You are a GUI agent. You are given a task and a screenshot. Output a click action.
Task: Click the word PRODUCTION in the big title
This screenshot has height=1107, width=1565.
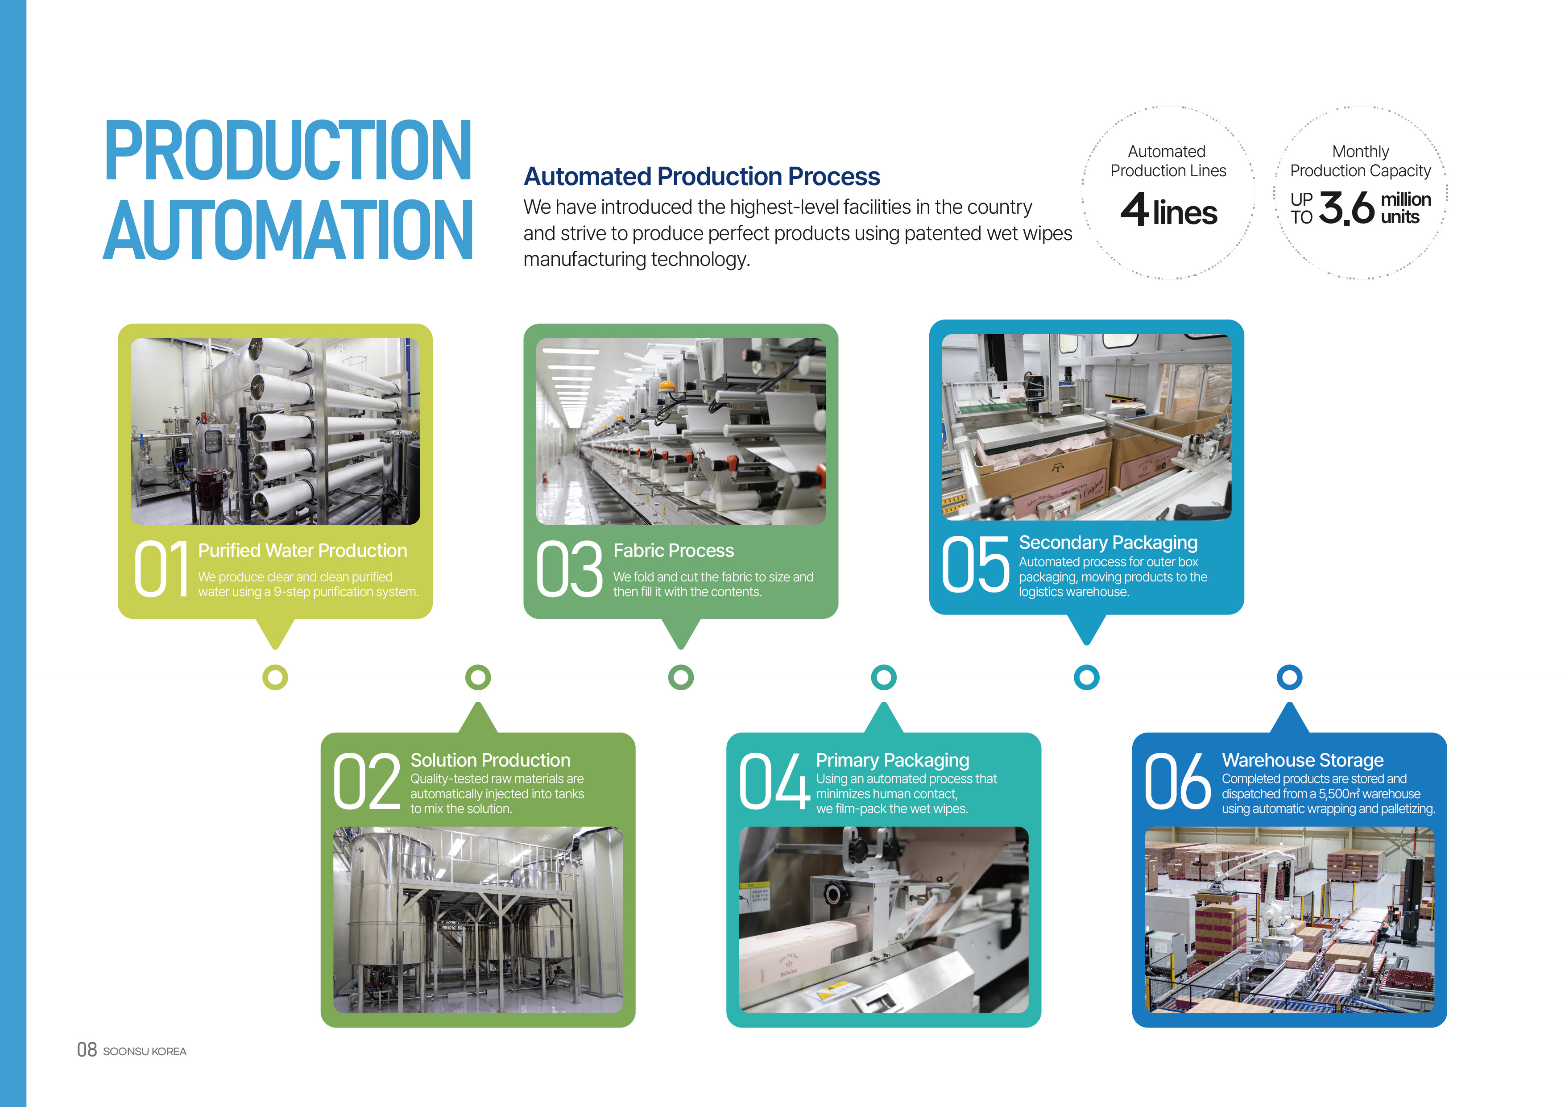288,151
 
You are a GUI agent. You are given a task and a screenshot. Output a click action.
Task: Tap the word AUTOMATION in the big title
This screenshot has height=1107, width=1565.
288,230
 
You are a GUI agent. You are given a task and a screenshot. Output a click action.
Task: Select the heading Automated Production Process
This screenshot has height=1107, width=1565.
701,177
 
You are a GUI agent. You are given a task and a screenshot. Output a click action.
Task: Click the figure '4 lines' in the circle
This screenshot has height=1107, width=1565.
1168,210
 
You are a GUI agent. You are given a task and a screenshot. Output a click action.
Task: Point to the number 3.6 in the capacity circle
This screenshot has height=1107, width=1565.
1347,208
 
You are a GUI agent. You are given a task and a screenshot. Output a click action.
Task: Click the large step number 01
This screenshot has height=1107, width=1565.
161,568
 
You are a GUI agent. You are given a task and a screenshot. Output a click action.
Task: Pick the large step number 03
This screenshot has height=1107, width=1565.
569,568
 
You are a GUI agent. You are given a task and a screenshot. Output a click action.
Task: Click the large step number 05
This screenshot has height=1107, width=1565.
975,563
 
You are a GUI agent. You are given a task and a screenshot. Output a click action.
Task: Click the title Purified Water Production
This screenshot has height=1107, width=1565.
302,550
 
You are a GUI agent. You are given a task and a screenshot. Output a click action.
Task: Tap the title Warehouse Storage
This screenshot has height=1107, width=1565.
1303,759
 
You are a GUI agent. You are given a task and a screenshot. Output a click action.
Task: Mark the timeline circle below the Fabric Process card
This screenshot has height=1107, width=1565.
681,677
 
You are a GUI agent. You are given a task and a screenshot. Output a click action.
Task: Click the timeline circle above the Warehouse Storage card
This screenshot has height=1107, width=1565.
1289,677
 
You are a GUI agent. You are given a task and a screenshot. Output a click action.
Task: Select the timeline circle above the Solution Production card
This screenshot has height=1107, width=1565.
478,677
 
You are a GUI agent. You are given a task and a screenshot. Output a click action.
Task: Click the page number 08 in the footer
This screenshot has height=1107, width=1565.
87,1050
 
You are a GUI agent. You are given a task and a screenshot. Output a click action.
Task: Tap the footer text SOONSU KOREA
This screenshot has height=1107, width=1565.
145,1051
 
